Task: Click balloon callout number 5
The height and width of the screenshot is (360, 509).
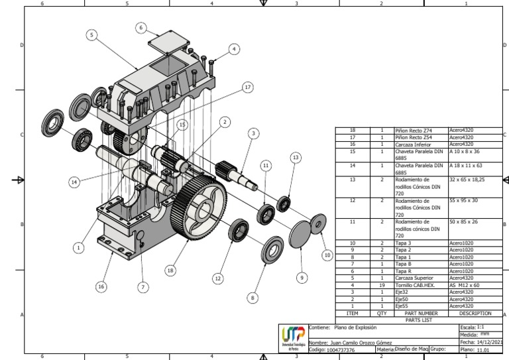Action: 91,34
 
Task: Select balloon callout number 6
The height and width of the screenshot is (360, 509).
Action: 141,28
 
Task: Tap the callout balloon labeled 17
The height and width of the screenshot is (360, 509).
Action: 247,87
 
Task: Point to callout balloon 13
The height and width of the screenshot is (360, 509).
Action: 296,157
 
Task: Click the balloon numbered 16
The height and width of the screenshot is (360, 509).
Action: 101,286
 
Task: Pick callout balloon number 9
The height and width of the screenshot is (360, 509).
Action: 302,278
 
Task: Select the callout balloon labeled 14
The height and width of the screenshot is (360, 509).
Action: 74,181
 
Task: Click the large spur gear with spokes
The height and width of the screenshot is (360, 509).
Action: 199,205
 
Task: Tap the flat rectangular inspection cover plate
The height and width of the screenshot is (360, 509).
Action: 166,42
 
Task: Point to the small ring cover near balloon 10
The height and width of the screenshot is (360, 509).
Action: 319,224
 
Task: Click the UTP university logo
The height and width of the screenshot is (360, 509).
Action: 294,337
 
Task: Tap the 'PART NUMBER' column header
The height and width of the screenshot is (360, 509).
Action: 421,312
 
